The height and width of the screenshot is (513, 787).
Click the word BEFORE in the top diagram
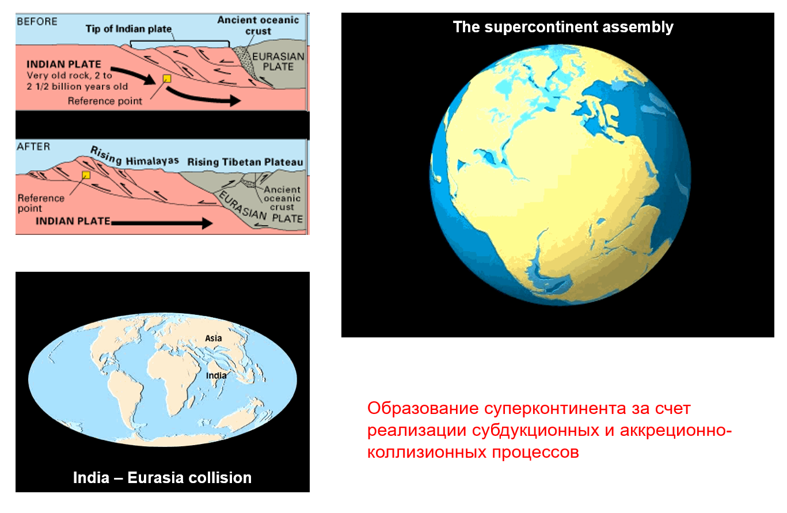37,22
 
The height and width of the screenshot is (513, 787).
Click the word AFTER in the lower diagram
33,146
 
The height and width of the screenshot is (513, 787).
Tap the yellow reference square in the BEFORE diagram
167,78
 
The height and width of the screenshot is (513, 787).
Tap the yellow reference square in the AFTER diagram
86,175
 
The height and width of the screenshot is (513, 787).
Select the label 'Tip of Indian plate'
128,29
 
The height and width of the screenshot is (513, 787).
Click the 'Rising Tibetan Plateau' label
245,162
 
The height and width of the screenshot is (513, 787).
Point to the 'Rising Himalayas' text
134,157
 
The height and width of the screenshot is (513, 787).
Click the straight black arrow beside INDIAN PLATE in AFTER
162,223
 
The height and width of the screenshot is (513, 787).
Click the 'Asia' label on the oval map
213,339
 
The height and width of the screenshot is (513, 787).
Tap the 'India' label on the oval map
216,375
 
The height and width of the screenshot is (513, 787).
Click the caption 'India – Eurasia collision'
162,478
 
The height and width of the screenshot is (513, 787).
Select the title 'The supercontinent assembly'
563,28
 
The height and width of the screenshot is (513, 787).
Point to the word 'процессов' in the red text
535,452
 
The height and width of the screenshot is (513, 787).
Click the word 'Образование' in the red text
423,408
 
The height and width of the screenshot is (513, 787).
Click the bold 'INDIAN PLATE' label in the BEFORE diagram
64,64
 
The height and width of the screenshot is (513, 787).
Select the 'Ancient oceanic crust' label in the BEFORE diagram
258,25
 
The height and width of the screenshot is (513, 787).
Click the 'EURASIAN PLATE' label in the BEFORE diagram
278,62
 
